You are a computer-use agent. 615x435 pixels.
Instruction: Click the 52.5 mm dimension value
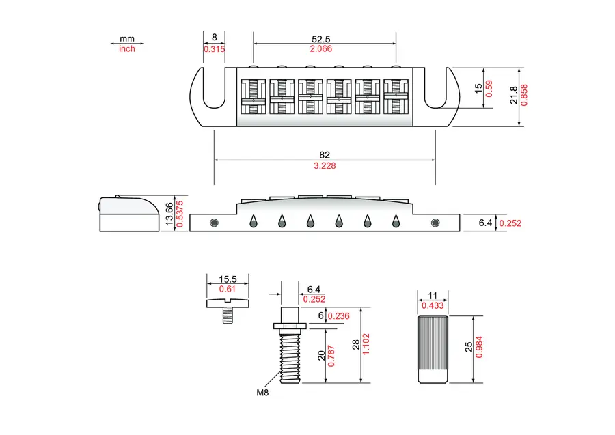(x=321, y=39)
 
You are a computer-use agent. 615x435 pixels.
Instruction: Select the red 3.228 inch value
(x=325, y=166)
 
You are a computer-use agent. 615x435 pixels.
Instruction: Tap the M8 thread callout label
(x=262, y=392)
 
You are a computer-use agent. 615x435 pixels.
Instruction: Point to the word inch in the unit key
(x=126, y=49)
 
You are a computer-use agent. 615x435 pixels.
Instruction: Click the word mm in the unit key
(x=126, y=39)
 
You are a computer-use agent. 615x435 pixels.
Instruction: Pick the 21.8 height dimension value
(x=514, y=95)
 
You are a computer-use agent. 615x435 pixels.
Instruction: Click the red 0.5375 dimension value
(x=180, y=214)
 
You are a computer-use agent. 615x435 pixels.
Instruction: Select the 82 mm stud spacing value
(x=325, y=155)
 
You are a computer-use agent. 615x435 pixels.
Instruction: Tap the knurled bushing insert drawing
(x=433, y=349)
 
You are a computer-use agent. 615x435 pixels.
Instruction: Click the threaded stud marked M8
(x=290, y=345)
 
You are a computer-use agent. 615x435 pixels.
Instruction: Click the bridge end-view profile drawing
(x=129, y=214)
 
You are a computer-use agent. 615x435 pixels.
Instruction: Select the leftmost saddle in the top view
(x=254, y=96)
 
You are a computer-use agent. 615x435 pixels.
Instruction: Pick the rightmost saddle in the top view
(x=396, y=96)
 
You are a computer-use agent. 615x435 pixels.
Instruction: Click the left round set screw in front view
(x=214, y=223)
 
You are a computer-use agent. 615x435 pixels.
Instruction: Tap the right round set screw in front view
(x=435, y=223)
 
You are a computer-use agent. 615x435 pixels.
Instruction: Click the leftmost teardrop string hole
(x=254, y=221)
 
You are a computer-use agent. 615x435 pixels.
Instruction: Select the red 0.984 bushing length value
(x=479, y=347)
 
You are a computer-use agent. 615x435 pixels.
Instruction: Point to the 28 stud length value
(x=356, y=344)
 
